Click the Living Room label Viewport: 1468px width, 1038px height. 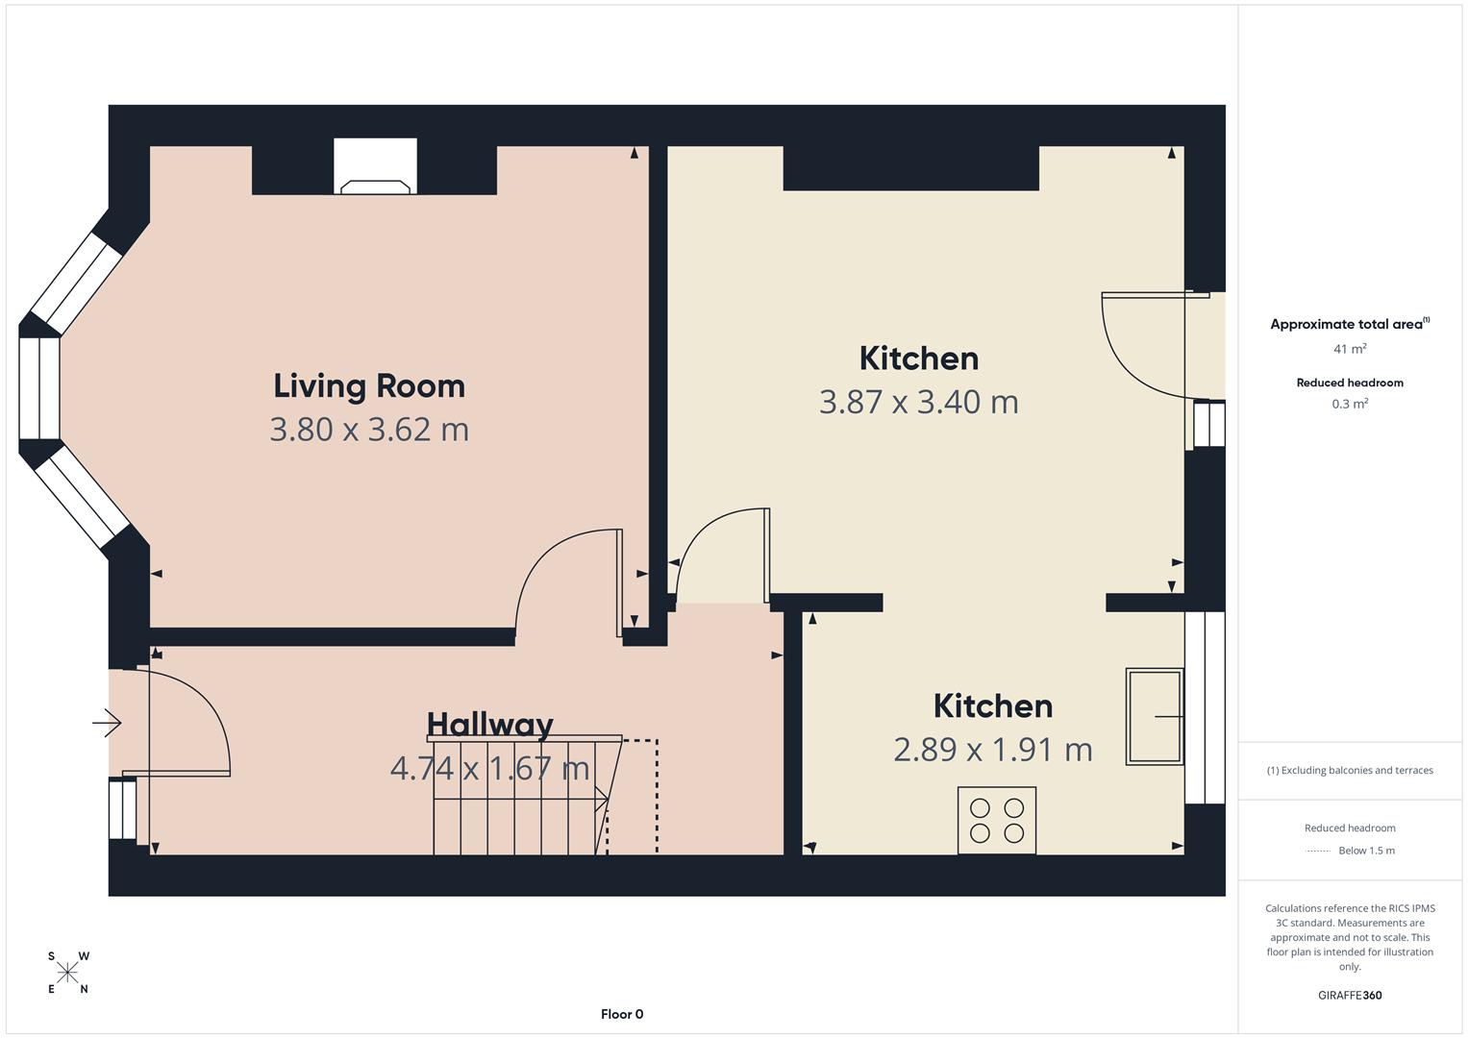click(369, 385)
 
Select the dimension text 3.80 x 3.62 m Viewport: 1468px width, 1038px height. click(369, 429)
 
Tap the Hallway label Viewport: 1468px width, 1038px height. click(489, 724)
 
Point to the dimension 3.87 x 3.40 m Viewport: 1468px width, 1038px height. click(918, 401)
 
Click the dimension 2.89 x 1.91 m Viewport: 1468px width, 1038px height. click(992, 749)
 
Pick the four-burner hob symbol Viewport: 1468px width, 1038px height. click(997, 820)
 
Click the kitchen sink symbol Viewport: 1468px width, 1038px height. click(1154, 717)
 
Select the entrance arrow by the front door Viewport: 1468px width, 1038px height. click(108, 722)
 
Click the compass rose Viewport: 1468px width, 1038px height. click(67, 973)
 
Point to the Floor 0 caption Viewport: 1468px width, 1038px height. click(622, 1014)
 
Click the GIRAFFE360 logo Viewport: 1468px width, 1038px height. click(1350, 995)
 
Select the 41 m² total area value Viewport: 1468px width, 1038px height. click(1350, 349)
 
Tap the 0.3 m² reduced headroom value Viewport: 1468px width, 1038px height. click(1350, 404)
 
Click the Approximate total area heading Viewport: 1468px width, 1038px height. click(1349, 324)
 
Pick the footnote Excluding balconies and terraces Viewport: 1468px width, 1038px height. click(1350, 770)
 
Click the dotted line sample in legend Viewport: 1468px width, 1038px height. click(1318, 851)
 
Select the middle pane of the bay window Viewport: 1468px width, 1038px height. click(39, 387)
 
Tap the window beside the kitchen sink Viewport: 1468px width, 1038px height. click(1205, 706)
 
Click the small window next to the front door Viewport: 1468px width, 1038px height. click(123, 809)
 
